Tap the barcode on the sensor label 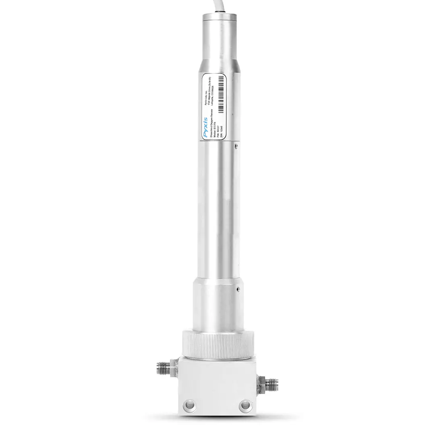point(220,95)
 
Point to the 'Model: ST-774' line point(214,128)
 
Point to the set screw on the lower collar point(238,288)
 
